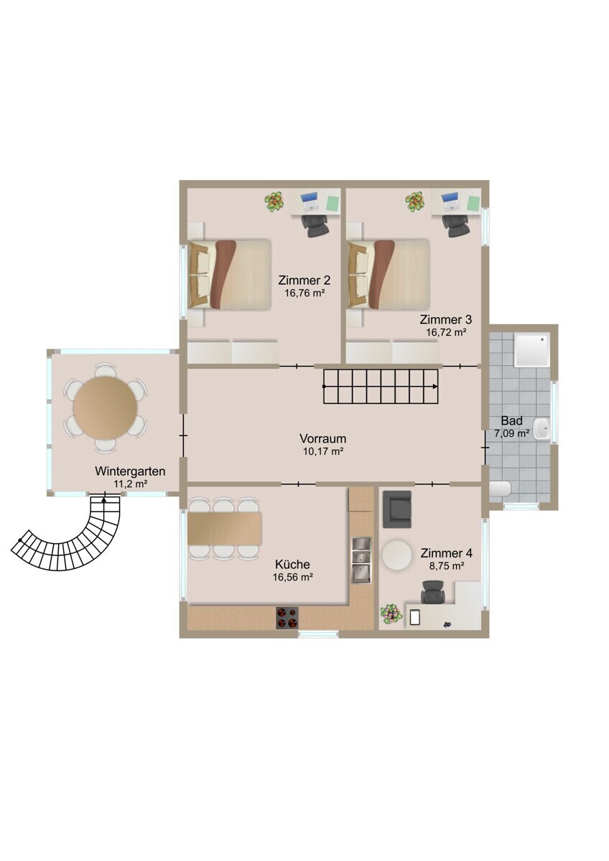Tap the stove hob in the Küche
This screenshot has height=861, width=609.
[287, 617]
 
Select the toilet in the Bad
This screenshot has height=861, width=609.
[501, 489]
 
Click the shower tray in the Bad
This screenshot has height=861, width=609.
[532, 349]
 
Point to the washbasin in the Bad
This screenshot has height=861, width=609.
[543, 428]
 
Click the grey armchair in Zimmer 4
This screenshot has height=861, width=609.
[397, 509]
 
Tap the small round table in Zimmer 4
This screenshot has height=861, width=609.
[396, 555]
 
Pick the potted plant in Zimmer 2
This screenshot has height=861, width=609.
[274, 201]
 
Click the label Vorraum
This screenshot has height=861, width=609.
[322, 438]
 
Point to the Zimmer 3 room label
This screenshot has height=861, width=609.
[445, 319]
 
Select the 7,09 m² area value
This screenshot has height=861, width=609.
[511, 433]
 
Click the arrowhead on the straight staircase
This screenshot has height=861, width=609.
[434, 386]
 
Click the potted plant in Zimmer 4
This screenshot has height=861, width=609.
[390, 614]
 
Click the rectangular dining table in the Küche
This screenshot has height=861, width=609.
[225, 528]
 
